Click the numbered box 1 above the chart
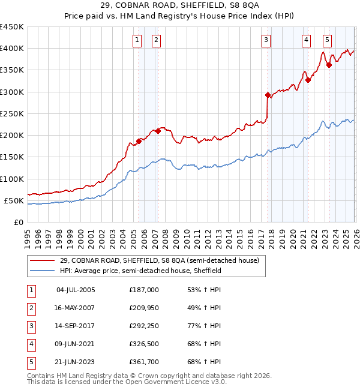point(137,40)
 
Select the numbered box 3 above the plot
point(266,40)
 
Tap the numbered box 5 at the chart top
point(327,40)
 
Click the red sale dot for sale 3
point(268,95)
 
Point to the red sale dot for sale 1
point(139,141)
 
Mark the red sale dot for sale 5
point(329,65)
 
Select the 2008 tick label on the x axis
point(165,233)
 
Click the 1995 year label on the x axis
point(28,233)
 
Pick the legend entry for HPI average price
point(140,271)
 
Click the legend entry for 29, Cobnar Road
point(159,260)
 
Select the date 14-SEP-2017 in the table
point(76,327)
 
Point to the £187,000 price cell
point(144,290)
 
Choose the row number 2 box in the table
point(29,308)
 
